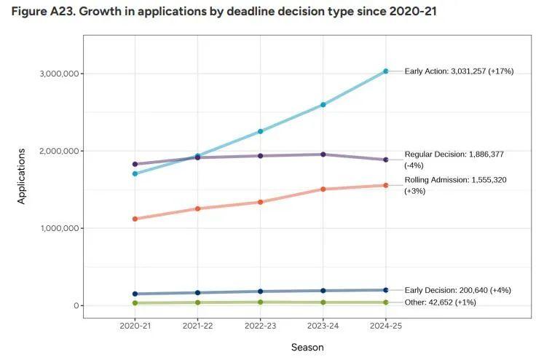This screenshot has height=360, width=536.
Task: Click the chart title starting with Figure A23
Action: (224, 12)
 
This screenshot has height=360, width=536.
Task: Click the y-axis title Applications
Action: (21, 176)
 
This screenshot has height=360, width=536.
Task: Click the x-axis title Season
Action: (307, 348)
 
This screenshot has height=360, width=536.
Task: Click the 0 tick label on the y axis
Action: (74, 306)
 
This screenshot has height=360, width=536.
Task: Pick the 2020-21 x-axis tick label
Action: (135, 326)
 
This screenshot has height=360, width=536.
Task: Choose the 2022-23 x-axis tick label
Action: (260, 326)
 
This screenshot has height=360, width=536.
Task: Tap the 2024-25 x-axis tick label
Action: (385, 326)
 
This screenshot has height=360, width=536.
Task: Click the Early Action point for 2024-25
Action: (386, 71)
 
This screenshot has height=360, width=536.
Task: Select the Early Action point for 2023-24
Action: (323, 105)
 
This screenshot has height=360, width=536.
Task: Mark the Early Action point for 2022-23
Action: (260, 132)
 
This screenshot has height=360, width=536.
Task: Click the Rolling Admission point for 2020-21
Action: (135, 219)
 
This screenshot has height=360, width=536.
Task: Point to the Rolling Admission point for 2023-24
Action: (323, 189)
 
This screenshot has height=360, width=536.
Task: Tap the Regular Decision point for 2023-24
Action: (323, 154)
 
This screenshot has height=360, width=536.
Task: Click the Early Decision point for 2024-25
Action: (386, 290)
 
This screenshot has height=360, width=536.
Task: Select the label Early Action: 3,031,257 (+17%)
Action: (459, 71)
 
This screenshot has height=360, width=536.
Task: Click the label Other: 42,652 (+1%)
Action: (440, 302)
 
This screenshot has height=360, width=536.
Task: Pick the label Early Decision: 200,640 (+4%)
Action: (457, 290)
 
